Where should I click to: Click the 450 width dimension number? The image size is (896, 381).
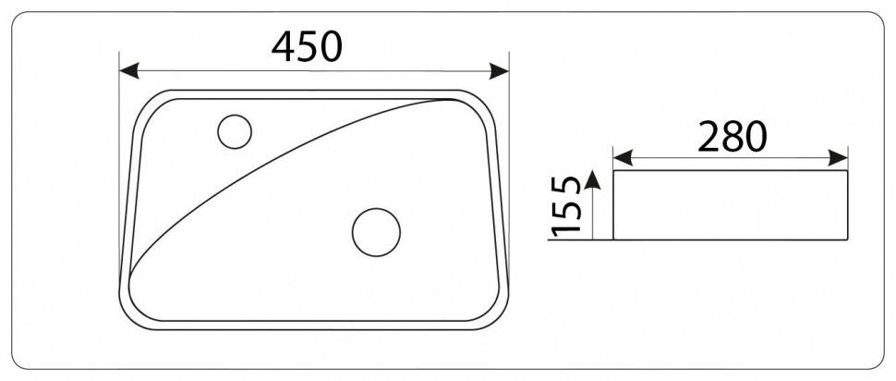point(307,45)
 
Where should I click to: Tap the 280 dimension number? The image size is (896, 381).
point(733,137)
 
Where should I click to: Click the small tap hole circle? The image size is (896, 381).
point(235,131)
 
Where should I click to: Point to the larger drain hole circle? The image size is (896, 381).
point(376,231)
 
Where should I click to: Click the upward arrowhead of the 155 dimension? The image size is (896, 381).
point(593,178)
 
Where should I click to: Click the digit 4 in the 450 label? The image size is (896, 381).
point(284,45)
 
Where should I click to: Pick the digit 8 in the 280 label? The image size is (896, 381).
point(733,137)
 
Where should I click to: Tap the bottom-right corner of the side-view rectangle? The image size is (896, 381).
point(848,240)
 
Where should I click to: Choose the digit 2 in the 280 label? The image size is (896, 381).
point(709,137)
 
